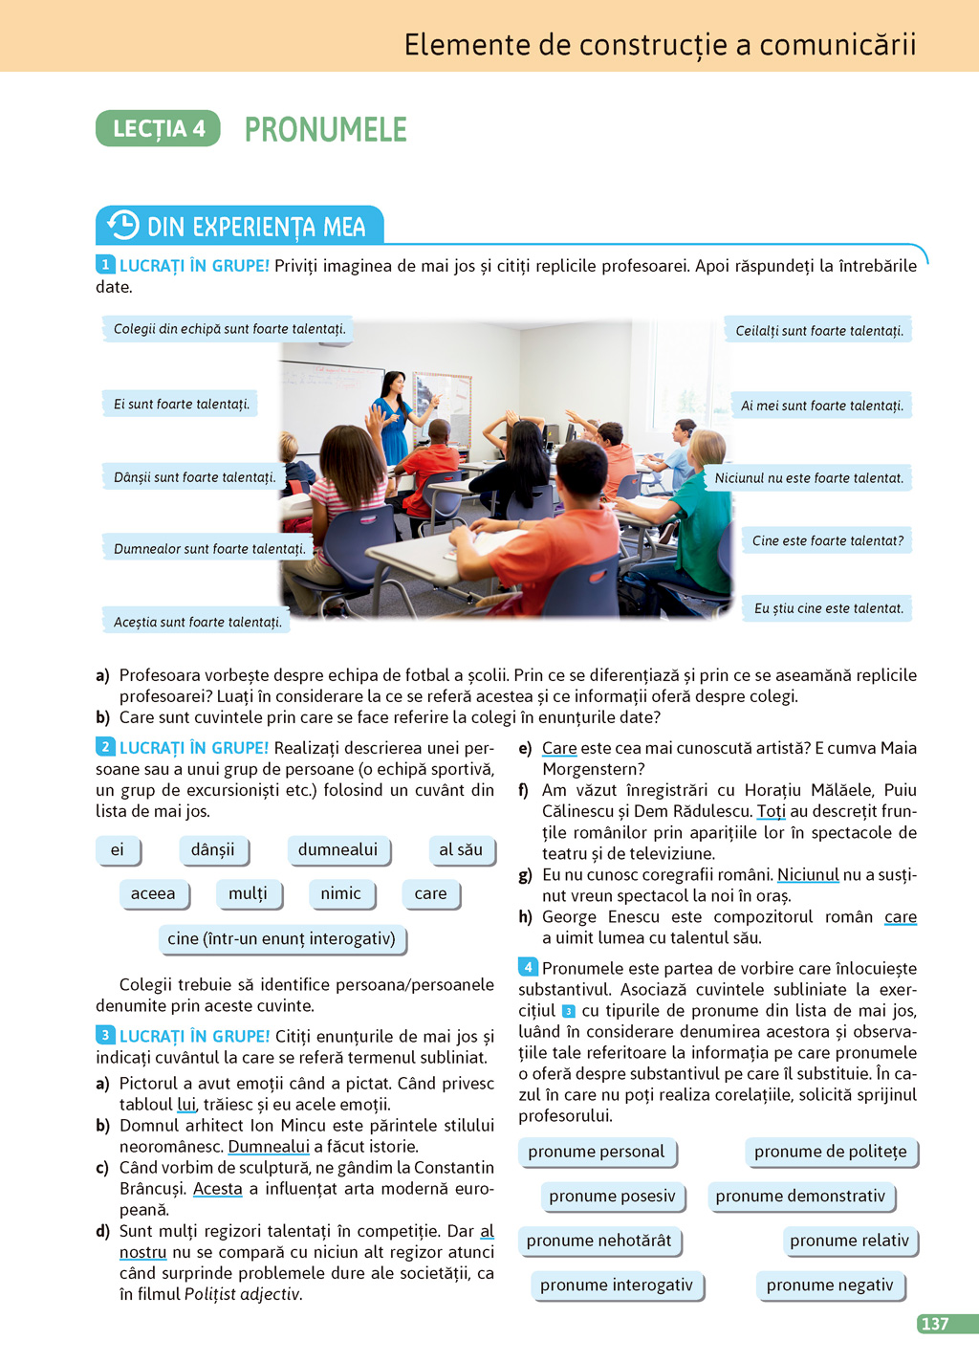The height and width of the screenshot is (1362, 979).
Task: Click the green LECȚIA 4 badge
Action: pos(158,129)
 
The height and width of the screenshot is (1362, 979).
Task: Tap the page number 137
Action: pos(935,1324)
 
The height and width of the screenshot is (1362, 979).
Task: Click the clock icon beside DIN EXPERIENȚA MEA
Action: pos(122,226)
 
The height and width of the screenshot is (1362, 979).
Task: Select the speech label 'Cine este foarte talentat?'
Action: pos(827,540)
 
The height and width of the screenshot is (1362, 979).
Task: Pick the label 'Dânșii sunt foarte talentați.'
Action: pos(194,476)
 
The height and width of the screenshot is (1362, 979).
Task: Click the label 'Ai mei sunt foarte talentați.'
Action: pos(821,406)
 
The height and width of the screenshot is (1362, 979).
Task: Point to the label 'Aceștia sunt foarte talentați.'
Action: pos(197,622)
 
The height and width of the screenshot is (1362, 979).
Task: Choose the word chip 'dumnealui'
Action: pos(337,849)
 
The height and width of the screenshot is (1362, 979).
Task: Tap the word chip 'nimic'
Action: pos(340,893)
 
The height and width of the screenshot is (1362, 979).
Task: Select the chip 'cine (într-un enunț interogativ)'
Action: pos(281,938)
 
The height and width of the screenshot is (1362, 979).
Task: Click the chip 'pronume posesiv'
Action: pos(612,1196)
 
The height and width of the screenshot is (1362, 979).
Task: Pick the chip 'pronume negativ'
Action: pos(829,1285)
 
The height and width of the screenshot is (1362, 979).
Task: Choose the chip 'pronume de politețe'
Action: pos(830,1152)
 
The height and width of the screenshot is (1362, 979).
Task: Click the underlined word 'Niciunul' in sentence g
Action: pos(808,874)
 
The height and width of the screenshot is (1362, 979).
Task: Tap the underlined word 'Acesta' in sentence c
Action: pos(218,1189)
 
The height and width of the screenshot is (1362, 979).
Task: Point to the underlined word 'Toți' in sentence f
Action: pos(771,811)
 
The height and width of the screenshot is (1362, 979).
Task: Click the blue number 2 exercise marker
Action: pos(105,747)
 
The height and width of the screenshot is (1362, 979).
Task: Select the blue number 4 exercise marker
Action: pos(528,967)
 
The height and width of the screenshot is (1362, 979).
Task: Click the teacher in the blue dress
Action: pos(393,421)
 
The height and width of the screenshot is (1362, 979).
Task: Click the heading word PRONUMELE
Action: pos(325,129)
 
